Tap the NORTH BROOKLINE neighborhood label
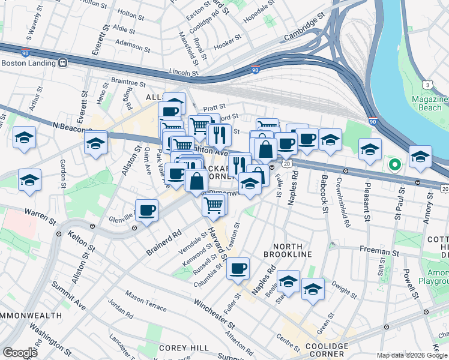pos(292,251)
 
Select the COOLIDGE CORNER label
pos(325,350)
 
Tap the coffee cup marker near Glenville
pos(147,211)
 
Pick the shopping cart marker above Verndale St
pos(214,205)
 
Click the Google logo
pos(20,353)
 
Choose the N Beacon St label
pos(71,127)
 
